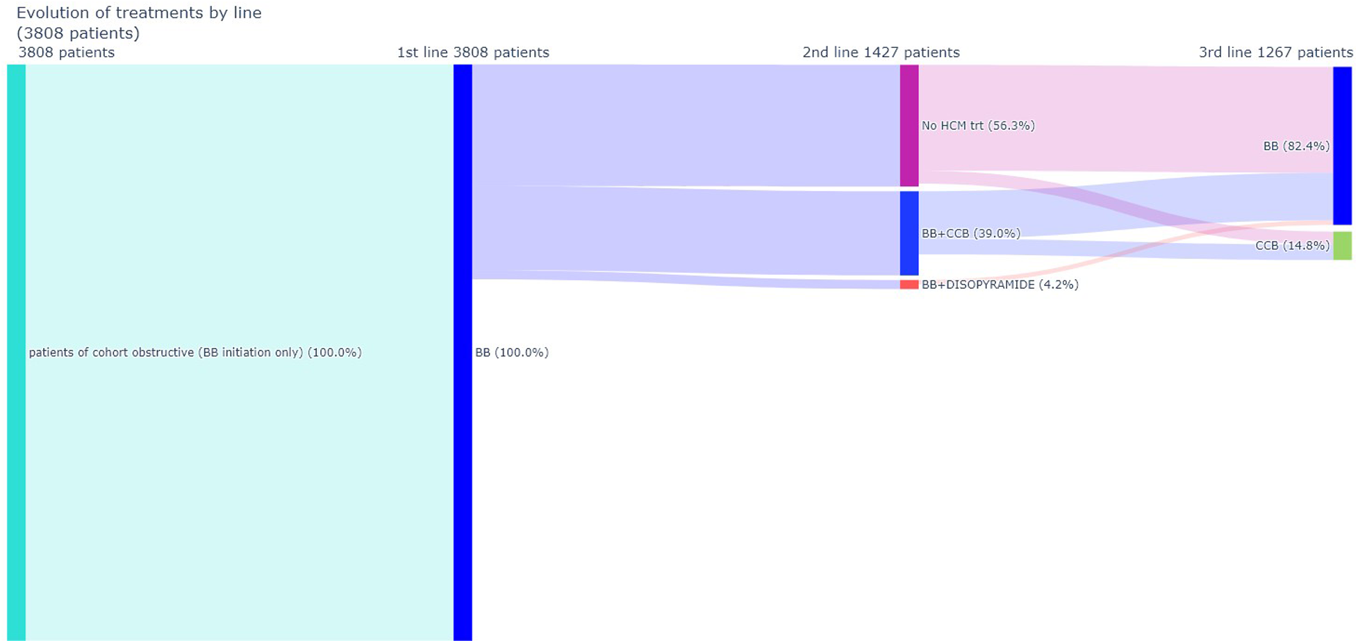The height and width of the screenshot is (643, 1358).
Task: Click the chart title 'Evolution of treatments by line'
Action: (x=139, y=13)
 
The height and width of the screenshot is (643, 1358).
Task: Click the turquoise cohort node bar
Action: (x=16, y=352)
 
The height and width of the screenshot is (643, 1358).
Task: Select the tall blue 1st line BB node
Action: (x=463, y=352)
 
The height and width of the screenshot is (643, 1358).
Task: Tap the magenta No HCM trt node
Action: (x=909, y=126)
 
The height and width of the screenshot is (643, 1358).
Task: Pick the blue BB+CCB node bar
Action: (x=909, y=233)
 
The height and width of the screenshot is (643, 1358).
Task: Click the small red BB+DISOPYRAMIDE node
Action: (x=909, y=285)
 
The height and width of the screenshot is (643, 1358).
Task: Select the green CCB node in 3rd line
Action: (x=1342, y=246)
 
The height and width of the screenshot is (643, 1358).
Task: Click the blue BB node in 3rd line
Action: (x=1342, y=146)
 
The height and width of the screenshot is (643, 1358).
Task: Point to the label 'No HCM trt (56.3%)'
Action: (x=978, y=126)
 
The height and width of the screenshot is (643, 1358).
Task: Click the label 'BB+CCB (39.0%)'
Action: (x=970, y=233)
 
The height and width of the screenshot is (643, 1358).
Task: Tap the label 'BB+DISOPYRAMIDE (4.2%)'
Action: (x=1000, y=285)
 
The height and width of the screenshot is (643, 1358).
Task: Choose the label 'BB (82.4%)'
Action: (x=1296, y=146)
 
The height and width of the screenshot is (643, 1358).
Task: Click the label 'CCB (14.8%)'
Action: (x=1292, y=246)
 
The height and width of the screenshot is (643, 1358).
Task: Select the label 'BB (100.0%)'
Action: (x=511, y=353)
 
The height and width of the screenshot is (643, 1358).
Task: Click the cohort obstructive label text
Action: (x=195, y=353)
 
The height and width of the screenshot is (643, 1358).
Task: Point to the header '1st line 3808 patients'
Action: (x=472, y=52)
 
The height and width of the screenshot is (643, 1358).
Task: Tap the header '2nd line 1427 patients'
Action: (x=881, y=52)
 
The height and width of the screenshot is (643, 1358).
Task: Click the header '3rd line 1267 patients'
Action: (x=1275, y=52)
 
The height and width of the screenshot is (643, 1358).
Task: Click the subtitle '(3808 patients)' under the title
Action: (x=78, y=33)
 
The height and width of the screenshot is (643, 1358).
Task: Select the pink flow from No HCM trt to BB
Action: (x=1125, y=118)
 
